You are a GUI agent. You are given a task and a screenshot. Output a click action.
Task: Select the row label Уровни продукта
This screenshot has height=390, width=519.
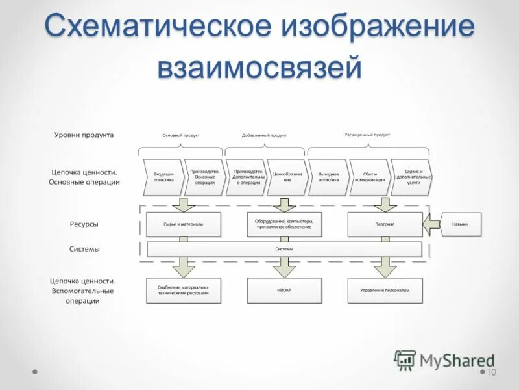coord(84,135)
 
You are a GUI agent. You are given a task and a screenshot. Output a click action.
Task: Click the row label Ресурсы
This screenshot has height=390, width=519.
coord(84,224)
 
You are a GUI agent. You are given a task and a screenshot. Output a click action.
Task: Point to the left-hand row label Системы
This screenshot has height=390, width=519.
coord(84,249)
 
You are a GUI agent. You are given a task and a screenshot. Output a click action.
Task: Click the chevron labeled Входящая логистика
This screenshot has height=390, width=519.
coord(163,177)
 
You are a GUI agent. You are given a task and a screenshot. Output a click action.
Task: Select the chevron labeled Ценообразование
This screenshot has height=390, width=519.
coord(286,177)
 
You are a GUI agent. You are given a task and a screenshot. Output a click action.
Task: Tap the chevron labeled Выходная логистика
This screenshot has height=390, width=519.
coord(328,177)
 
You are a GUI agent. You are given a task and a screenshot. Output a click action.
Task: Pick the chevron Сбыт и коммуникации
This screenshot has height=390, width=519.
coord(370,177)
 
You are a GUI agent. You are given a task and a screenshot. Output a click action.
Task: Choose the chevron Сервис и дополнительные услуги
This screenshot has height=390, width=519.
coord(411,177)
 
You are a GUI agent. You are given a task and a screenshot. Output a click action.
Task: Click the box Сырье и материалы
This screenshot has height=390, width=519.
coord(184,224)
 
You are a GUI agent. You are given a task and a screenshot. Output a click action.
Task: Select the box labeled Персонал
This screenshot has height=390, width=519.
coord(385,224)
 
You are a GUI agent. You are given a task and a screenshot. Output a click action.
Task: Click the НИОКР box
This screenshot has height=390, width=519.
coord(284,291)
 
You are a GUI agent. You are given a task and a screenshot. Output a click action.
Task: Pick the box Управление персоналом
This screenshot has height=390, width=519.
coord(385,291)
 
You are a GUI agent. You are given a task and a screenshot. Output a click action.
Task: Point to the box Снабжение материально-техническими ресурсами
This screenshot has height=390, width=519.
coord(184,291)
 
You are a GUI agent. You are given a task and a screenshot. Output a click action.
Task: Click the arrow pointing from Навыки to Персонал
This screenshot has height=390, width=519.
coord(431,224)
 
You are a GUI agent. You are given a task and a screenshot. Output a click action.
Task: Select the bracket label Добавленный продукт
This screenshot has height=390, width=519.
coord(264,135)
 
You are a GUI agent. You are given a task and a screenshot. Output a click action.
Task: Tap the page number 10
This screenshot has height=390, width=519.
coord(490,372)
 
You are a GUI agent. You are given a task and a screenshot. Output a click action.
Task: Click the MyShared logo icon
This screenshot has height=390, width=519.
coord(405,360)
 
